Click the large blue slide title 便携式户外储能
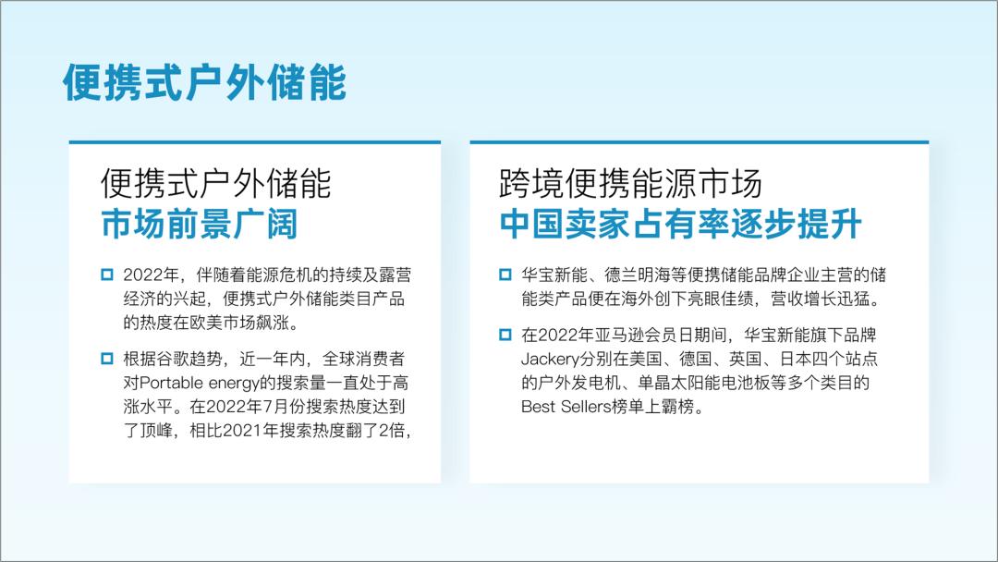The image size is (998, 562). pyautogui.click(x=204, y=82)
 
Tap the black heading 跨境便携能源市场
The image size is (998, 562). pyautogui.click(x=631, y=183)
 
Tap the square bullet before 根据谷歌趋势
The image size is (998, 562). pyautogui.click(x=107, y=358)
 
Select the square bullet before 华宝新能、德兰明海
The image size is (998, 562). pyautogui.click(x=505, y=275)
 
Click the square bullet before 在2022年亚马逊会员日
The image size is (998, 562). pyautogui.click(x=505, y=334)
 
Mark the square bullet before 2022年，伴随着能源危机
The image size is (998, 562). pyautogui.click(x=107, y=275)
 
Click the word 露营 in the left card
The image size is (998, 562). pyautogui.click(x=397, y=275)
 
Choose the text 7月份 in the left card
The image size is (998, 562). pyautogui.click(x=286, y=406)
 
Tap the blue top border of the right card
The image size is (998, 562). pyautogui.click(x=699, y=142)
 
